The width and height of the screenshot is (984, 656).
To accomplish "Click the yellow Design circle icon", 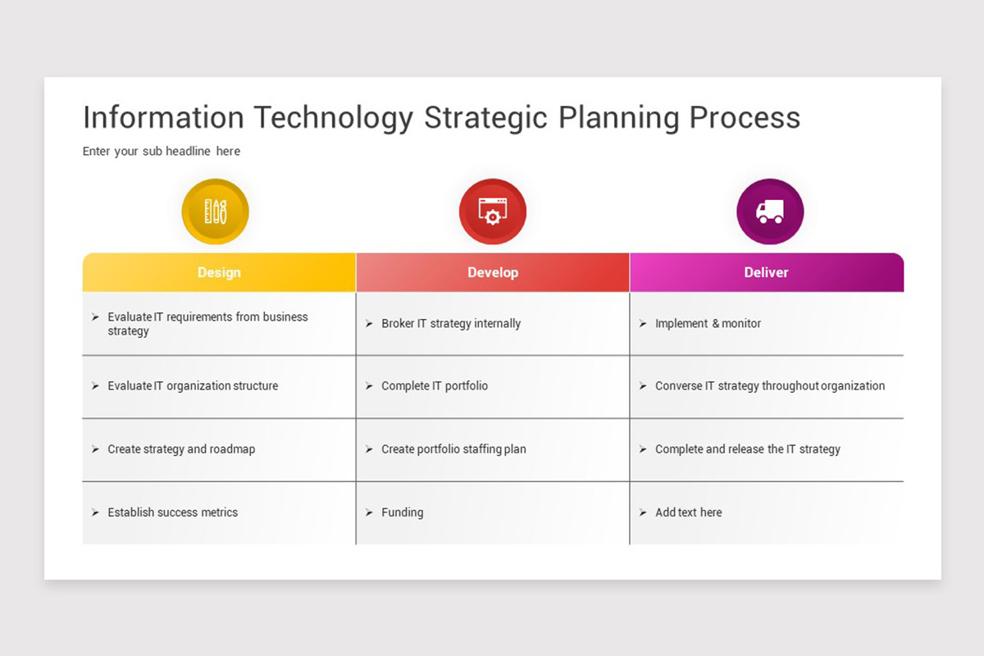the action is pos(215,212).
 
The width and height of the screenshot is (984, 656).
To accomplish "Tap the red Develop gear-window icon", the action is pos(493,212).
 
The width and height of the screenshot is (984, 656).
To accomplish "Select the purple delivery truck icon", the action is pos(770,212).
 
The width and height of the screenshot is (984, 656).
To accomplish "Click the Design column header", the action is pos(219,272).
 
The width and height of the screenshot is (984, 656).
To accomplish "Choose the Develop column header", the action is pos(493,272).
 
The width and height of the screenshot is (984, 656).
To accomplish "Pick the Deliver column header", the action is pos(767,272).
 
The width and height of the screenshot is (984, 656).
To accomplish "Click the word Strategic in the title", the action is pos(485,117).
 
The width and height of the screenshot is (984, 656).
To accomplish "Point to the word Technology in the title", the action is pos(334,117).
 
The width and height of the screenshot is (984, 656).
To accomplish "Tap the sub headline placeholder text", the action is pos(162,151).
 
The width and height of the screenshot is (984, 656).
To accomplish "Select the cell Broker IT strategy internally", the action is pos(451,323).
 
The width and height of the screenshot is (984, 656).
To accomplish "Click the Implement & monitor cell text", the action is pos(708,323).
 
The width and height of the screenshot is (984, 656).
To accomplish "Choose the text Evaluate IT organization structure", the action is pos(193,385).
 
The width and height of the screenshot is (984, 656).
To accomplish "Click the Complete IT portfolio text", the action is pos(435,385).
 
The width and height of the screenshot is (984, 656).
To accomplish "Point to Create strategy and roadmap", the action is pos(181,449).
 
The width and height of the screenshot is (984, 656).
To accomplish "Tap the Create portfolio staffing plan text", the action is pos(453,449).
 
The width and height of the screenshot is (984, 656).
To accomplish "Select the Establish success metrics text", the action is pos(173,512).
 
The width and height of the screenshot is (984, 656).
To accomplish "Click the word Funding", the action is pos(403,512).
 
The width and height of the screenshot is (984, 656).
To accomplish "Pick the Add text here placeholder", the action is pos(688,512).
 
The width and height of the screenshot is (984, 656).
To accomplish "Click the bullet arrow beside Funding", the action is pos(369,512).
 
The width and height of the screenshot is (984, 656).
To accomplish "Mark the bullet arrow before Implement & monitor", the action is pos(643,323).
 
